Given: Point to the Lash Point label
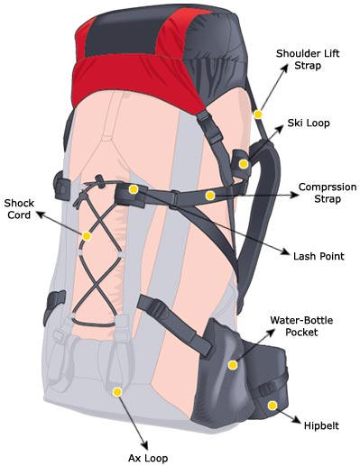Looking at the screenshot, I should [x=319, y=256].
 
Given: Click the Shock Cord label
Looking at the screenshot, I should [x=19, y=209].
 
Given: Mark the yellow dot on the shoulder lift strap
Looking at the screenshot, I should [x=258, y=114].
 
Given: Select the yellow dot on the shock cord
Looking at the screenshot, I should [x=87, y=236].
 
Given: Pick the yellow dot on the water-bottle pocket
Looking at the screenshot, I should [x=233, y=365].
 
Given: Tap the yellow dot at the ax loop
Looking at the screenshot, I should [x=117, y=392].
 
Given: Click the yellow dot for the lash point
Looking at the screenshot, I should [x=133, y=189].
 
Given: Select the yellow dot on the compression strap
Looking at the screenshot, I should [x=209, y=195].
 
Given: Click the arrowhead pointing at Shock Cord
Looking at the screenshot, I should [x=38, y=215].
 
